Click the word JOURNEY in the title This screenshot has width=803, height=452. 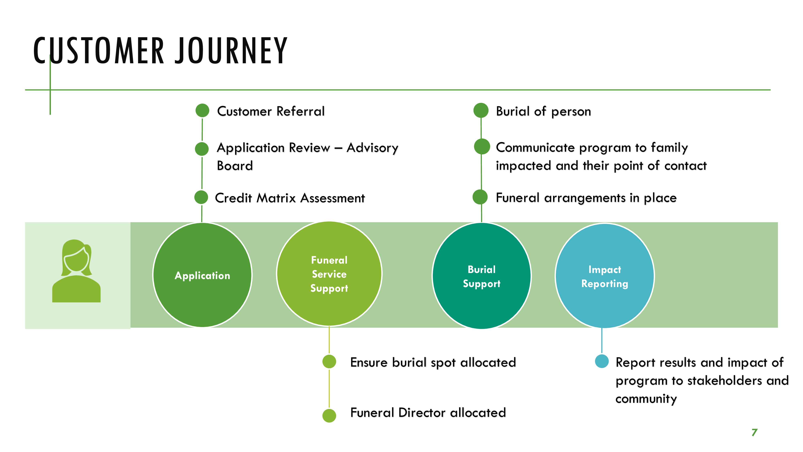click(231, 51)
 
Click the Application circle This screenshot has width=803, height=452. click(202, 275)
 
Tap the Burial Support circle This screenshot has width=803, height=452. click(481, 276)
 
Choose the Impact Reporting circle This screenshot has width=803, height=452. click(604, 276)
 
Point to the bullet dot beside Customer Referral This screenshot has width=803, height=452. click(202, 111)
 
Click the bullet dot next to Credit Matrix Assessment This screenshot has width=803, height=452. click(201, 197)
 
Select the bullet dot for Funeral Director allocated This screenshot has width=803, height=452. click(329, 415)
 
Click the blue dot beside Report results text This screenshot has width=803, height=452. click(602, 361)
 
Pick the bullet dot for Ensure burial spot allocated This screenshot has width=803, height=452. click(329, 362)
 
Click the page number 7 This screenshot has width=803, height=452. click(754, 432)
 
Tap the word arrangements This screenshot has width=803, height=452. click(584, 198)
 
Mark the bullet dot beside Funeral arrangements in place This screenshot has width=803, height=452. click(480, 197)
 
